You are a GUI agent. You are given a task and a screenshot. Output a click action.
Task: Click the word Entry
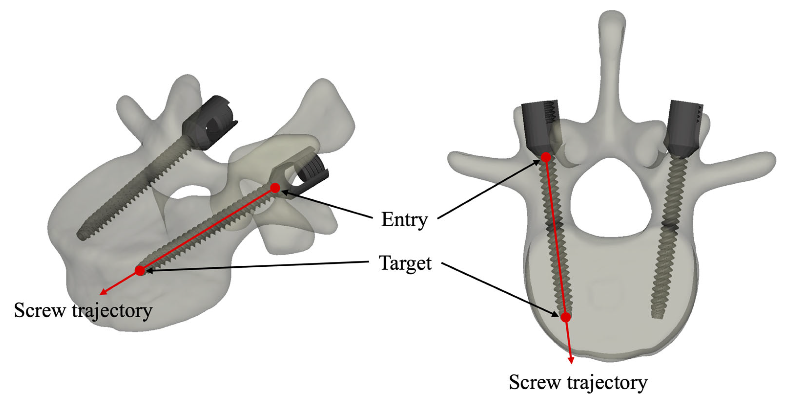(404, 219)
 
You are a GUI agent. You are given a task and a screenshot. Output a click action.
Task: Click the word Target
(405, 263)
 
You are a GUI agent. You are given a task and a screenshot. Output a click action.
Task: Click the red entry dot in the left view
(275, 188)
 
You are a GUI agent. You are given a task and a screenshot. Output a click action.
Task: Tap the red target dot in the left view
(140, 270)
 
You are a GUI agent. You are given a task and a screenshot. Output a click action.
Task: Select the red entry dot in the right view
(546, 157)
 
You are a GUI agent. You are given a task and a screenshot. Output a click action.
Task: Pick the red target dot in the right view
(566, 317)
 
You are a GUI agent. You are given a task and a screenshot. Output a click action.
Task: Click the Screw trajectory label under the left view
(83, 311)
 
